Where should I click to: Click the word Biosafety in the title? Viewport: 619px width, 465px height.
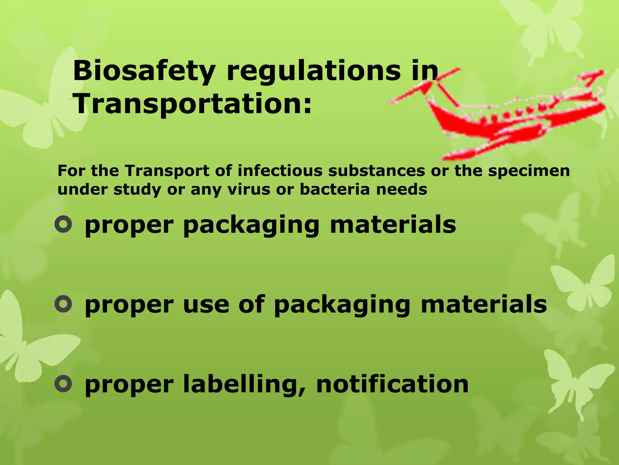(144, 71)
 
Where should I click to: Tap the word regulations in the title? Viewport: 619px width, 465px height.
(313, 71)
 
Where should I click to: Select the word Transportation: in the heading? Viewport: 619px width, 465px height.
(192, 104)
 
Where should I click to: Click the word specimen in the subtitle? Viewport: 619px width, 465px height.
(529, 171)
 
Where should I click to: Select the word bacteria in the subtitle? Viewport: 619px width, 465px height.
(335, 190)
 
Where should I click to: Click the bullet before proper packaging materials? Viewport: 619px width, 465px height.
(63, 225)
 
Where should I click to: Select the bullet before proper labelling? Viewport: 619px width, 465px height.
(63, 384)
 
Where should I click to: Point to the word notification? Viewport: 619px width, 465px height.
(392, 384)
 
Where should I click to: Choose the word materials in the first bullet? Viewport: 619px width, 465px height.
(393, 225)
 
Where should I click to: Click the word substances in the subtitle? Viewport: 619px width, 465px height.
(377, 171)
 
